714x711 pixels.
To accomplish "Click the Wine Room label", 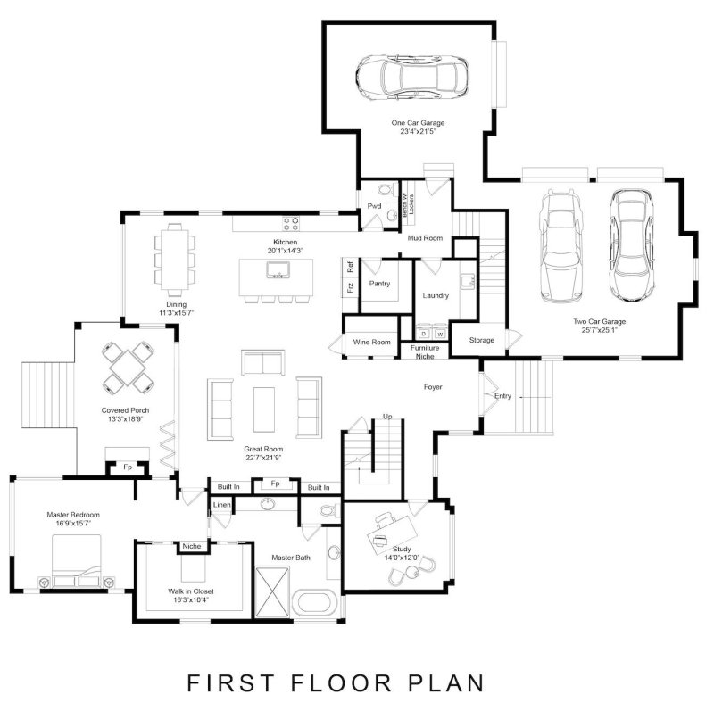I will point(372,342).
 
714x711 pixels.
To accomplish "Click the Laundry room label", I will point(436,295).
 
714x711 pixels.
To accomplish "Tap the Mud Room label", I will point(426,238).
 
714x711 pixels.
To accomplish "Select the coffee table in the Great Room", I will point(265,404).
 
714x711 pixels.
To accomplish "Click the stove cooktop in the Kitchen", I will point(291,222).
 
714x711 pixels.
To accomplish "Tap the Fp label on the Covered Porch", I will point(128,467).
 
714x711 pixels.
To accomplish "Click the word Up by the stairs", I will point(386,417).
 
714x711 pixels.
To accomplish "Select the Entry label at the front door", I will point(502,396).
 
